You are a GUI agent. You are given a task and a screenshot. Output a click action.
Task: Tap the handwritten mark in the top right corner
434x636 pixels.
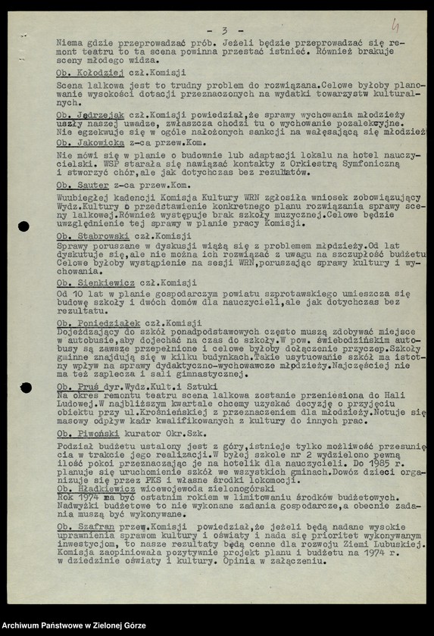pos(395,26)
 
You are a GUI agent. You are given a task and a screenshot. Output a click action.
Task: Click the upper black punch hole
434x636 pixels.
pos(23,226)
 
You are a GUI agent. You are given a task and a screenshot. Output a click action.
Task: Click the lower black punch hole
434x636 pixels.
pos(25,388)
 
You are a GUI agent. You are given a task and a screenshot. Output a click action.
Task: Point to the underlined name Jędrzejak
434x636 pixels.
pos(104,115)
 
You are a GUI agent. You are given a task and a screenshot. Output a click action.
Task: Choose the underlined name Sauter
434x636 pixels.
pos(94,185)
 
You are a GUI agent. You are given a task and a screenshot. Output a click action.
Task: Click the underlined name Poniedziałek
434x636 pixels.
pos(109,323)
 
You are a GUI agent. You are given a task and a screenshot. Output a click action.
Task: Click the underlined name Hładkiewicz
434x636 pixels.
pos(104,488)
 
